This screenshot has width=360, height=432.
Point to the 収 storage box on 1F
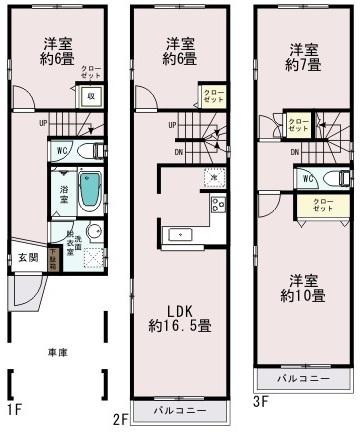point(90,96)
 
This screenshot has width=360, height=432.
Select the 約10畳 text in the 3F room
point(303,297)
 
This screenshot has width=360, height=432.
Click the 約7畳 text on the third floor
point(304,64)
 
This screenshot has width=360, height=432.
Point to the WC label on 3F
point(307,178)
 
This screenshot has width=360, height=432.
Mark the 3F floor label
point(260,402)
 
